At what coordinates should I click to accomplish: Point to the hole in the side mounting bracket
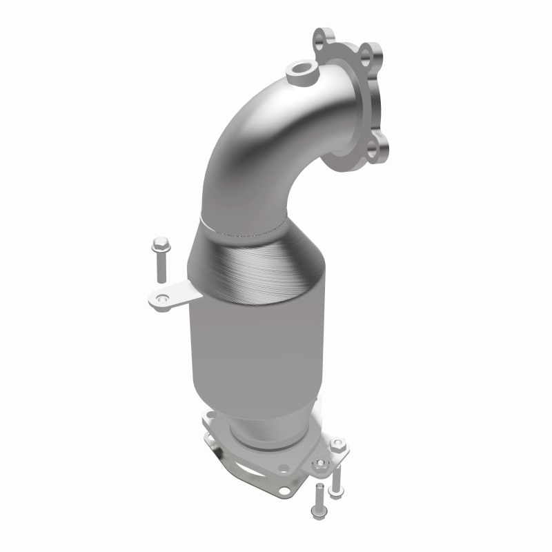(162, 298)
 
